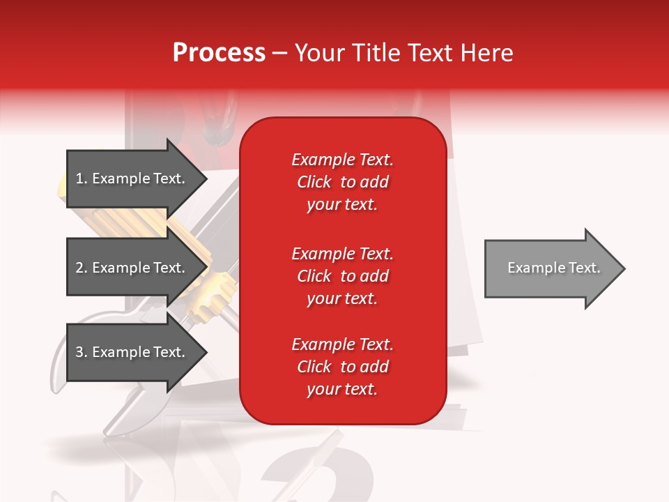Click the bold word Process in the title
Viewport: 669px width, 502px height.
point(219,53)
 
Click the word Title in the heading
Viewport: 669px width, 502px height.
point(376,53)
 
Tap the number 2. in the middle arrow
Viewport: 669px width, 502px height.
point(82,268)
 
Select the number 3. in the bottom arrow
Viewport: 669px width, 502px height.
point(82,352)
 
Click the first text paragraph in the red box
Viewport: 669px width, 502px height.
point(342,182)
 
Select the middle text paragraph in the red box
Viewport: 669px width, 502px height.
point(342,276)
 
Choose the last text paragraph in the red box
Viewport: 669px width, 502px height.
point(342,367)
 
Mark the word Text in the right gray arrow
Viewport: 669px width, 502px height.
point(585,268)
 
